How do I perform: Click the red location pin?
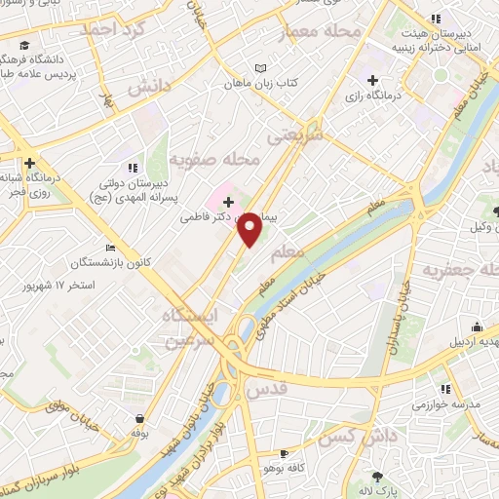point(250,228)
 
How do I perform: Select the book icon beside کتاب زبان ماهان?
point(259,68)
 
